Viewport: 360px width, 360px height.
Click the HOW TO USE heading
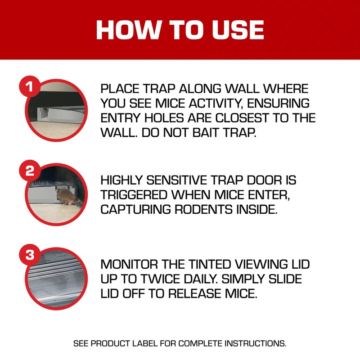[x=180, y=30]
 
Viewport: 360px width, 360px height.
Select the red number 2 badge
[x=30, y=171]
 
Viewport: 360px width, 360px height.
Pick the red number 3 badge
[x=30, y=255]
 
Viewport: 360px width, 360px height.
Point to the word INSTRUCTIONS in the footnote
[x=254, y=343]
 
